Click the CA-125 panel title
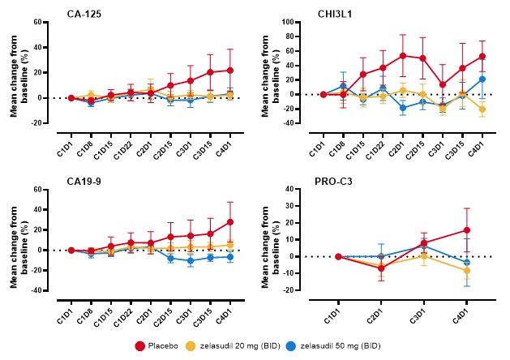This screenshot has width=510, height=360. pos(84,14)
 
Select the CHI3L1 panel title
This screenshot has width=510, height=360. pos(335,14)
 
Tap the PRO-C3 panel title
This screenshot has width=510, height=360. pos(333,181)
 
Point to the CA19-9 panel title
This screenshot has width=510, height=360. pos(84,181)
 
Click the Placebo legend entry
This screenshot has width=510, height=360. pos(156,345)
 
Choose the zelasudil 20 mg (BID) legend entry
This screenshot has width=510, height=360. pos(233,345)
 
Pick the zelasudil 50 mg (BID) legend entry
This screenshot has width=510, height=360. pos(333,345)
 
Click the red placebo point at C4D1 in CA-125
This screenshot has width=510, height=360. pos(230,71)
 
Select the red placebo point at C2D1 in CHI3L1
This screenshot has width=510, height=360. pos(403,56)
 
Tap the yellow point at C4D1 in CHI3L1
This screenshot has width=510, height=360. pos(482,109)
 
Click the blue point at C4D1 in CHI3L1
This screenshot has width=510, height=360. pos(482,79)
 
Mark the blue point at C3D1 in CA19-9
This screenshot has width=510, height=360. pos(191,260)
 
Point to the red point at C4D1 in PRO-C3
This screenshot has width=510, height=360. pos(467,230)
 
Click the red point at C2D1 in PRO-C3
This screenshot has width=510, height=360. pos(381,268)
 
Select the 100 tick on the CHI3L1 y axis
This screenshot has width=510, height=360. pos(289,22)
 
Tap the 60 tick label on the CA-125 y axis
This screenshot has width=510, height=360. pos(38,22)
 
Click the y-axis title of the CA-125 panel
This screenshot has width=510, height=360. pos(18,75)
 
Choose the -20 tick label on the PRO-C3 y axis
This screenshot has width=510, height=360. pos(289,290)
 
